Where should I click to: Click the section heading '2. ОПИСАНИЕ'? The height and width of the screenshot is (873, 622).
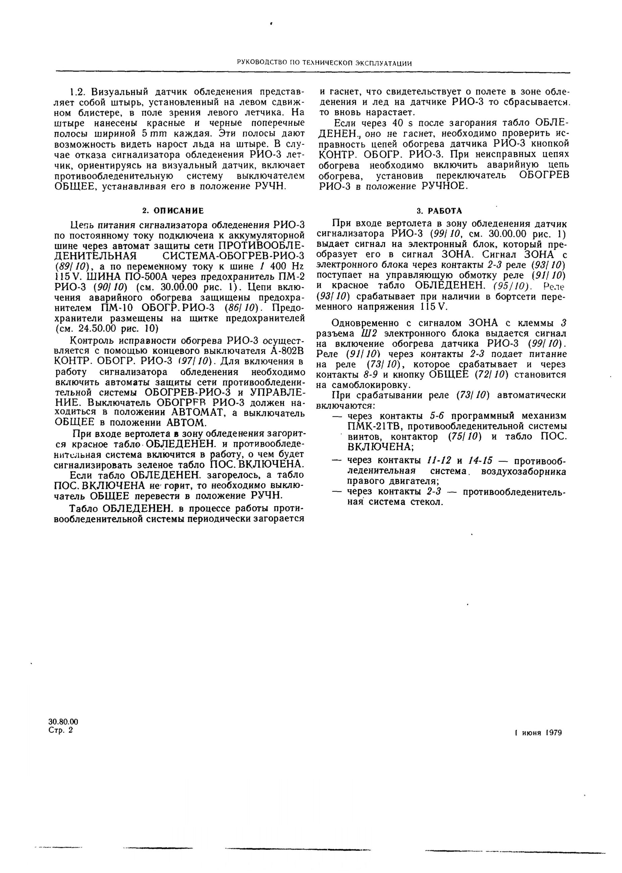pyautogui.click(x=173, y=211)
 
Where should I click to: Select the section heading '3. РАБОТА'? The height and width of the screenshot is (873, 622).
pyautogui.click(x=439, y=211)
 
